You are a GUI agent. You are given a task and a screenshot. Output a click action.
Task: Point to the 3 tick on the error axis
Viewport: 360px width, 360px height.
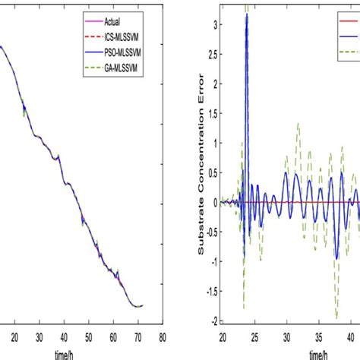point(214,24)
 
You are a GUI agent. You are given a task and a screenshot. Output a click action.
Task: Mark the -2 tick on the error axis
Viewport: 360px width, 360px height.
point(213,319)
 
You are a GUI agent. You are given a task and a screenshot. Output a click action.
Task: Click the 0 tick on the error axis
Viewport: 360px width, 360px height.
point(215,201)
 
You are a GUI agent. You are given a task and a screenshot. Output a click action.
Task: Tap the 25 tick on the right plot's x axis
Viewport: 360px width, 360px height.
point(254,334)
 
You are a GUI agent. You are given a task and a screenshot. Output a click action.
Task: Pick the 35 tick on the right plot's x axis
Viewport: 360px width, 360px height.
point(317,334)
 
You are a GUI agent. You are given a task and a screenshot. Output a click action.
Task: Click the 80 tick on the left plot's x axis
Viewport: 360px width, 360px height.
point(163,334)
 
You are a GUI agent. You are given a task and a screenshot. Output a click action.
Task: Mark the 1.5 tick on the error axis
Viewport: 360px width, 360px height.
point(212,113)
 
